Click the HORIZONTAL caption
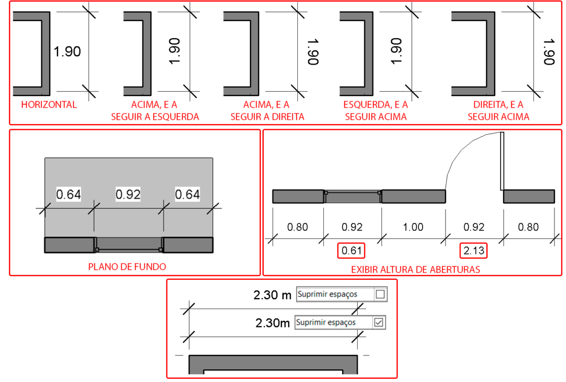point(49,105)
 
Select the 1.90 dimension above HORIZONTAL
point(67,51)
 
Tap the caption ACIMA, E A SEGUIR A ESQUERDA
point(155,110)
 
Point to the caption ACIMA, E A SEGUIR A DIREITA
point(267,110)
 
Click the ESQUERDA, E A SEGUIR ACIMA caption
point(376,110)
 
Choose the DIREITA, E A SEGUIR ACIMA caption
point(499,110)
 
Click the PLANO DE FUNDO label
point(127,267)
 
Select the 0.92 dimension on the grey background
point(128,195)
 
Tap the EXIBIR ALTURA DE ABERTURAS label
point(416,269)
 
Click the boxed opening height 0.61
point(351,251)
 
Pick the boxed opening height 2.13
point(474,251)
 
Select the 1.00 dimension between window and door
point(413,227)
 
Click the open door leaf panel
point(502,161)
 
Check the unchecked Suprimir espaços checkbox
point(380,294)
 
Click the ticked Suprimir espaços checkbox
point(379,322)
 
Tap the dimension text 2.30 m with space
point(272,295)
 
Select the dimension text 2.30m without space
point(272,323)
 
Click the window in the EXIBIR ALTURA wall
point(353,197)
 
